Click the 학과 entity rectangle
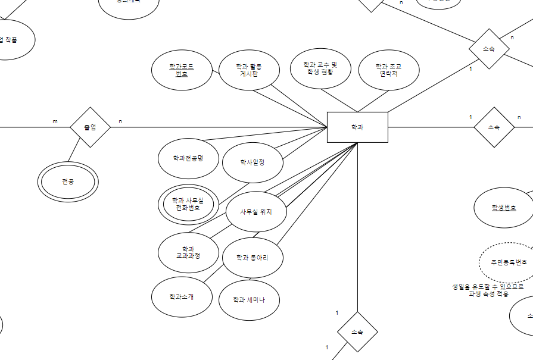pos(357,127)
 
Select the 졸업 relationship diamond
pos(91,127)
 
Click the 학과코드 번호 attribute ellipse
pos(182,70)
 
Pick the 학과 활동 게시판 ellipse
pos(250,70)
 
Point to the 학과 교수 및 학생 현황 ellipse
pos(320,68)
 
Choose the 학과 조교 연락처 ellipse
pos(389,70)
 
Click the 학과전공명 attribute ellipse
pos(188,158)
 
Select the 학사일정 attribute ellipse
pos(253,162)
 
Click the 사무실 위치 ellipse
pos(256,211)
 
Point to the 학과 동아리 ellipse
pos(253,258)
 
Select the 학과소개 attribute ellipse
pos(182,296)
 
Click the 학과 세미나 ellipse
pos(250,299)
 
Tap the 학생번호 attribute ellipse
pos(504,208)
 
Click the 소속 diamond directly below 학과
pos(357,331)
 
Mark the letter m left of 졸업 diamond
pos(55,121)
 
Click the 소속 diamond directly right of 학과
pos(494,127)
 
